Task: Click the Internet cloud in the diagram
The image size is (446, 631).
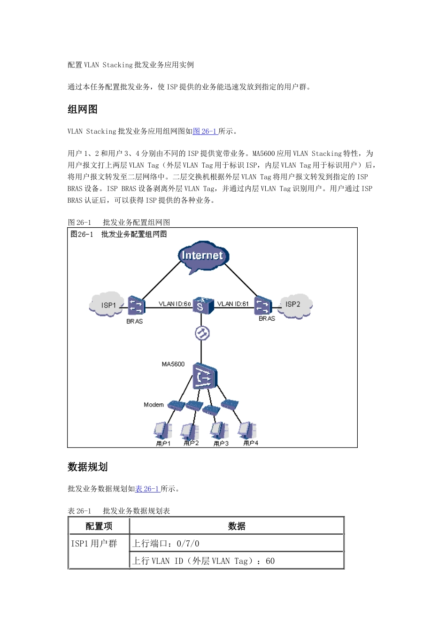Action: point(202,256)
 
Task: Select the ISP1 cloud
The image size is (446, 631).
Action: point(108,305)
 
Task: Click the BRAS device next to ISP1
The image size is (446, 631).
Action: point(135,306)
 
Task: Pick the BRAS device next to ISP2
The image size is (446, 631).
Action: point(263,305)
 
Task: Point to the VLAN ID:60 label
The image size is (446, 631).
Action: point(175,304)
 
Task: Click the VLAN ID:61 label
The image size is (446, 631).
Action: point(233,304)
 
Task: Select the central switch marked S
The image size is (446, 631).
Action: point(201,306)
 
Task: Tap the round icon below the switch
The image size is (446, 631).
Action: point(202,333)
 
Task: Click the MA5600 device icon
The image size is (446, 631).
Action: point(205,377)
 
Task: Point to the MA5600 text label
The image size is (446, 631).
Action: point(173,364)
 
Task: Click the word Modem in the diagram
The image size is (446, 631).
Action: point(154,404)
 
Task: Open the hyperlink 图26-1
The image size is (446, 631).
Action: point(205,131)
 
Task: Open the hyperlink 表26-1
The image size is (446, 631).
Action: point(147,489)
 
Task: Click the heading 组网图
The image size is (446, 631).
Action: point(83,109)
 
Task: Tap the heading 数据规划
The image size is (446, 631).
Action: point(88,467)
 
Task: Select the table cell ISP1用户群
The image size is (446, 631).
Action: point(94,544)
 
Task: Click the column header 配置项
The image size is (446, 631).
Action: point(99,526)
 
